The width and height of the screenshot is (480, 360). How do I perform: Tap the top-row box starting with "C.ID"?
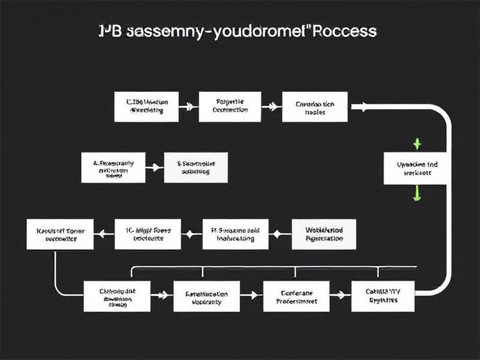click(146, 106)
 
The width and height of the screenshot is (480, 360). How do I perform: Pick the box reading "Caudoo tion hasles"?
click(315, 106)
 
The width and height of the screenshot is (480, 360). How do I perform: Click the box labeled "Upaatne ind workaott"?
click(416, 169)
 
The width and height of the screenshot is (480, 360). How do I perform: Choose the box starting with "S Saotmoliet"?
click(196, 168)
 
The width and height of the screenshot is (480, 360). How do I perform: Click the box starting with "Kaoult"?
click(60, 234)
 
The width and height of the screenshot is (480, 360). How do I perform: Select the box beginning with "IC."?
click(147, 234)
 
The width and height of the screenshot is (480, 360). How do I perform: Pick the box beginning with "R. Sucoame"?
click(235, 234)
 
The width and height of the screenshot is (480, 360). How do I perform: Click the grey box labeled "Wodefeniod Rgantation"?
click(324, 234)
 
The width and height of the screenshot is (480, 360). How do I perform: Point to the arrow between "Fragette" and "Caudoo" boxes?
click(271, 107)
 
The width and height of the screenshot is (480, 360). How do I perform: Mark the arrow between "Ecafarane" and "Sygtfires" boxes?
click(340, 294)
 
